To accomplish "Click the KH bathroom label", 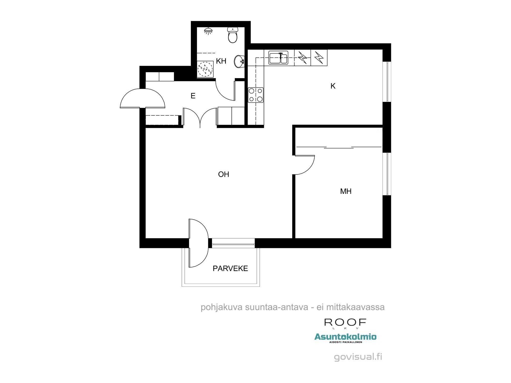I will [x=221, y=61].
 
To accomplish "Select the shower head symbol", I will [x=208, y=31].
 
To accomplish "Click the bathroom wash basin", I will [x=239, y=62].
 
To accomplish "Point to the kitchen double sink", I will [x=278, y=57].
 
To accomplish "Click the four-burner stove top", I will [x=256, y=95].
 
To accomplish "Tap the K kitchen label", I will [x=333, y=86].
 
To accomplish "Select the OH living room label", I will [x=224, y=174].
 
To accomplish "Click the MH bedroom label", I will [x=346, y=191].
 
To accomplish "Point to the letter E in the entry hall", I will [x=193, y=96].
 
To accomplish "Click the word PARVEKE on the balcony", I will [x=230, y=268].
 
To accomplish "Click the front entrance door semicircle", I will [x=143, y=98].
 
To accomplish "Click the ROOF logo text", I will [x=345, y=322].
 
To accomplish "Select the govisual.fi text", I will [x=358, y=357].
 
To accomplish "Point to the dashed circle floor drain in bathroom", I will [x=205, y=68].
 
